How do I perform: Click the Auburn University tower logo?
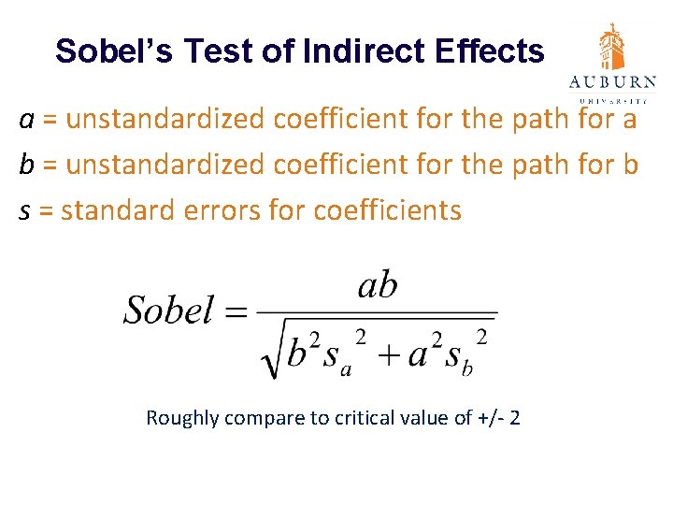tap(613, 47)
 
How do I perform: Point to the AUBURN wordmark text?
tap(613, 82)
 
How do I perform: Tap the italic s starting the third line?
tap(26, 210)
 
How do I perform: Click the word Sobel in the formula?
tap(168, 309)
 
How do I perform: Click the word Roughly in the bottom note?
tap(181, 418)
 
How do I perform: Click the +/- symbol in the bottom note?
tap(490, 418)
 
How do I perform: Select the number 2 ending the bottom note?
tap(515, 418)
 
